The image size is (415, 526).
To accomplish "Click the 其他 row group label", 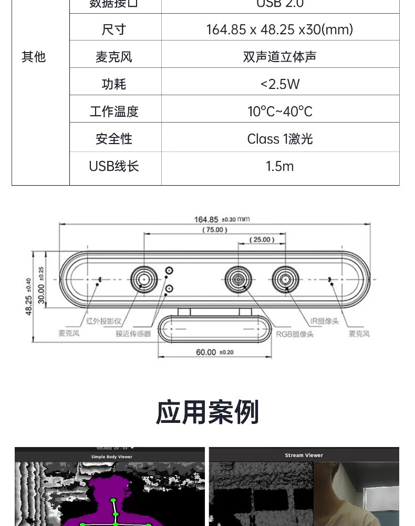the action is tap(34, 57).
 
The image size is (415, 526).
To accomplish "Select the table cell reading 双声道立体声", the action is tap(279, 57).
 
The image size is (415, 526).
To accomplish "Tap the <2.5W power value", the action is tap(279, 84).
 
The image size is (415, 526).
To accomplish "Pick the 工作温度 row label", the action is tap(114, 112).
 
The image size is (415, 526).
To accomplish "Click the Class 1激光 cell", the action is tap(279, 139).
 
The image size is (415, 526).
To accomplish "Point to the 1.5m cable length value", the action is tap(279, 166).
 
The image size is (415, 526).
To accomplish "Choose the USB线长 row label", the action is tap(114, 166).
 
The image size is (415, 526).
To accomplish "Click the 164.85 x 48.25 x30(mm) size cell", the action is tap(279, 29).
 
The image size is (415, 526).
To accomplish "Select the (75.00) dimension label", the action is tap(214, 230).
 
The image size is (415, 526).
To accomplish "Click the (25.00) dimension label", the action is tap(261, 239).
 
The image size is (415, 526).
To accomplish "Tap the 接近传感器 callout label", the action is tap(133, 333).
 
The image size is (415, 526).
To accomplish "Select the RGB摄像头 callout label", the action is tap(295, 333).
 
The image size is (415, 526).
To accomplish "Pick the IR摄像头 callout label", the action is tap(324, 321).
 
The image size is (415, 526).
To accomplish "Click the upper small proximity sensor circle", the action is tap(169, 271).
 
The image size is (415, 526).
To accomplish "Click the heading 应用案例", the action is tap(207, 412).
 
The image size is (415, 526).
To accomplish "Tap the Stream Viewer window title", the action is tap(304, 455).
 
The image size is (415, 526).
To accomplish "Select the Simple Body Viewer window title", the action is tap(112, 457).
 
